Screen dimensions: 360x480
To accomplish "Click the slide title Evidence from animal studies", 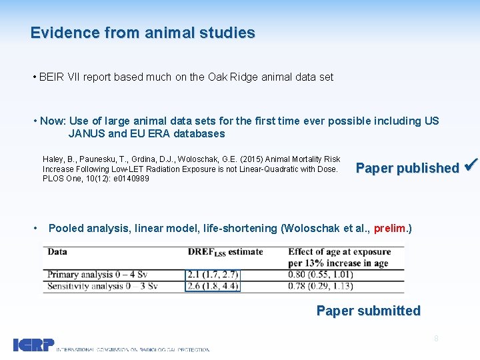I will pyautogui.click(x=143, y=33).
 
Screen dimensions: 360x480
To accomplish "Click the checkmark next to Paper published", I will pyautogui.click(x=470, y=166).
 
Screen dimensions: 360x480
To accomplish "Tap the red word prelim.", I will pyautogui.click(x=389, y=229).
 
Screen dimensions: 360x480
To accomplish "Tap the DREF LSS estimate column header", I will pyautogui.click(x=225, y=252).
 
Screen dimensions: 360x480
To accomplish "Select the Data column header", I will pyautogui.click(x=57, y=252).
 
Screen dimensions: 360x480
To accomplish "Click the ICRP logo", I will pyautogui.click(x=33, y=345).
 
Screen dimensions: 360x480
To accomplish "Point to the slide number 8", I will pyautogui.click(x=436, y=339).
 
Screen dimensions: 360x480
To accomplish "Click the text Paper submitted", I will pyautogui.click(x=368, y=311).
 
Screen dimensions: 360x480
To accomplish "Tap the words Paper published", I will pyautogui.click(x=407, y=168).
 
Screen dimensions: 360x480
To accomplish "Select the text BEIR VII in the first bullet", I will pyautogui.click(x=57, y=77).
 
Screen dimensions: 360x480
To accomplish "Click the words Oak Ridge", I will pyautogui.click(x=233, y=77).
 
